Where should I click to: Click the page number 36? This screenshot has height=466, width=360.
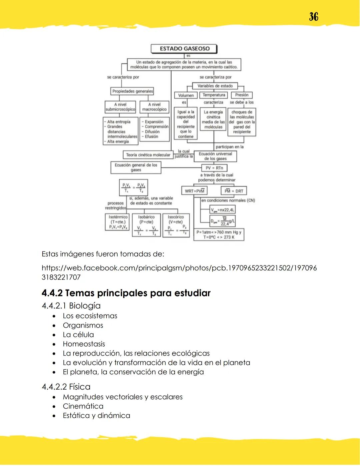313,17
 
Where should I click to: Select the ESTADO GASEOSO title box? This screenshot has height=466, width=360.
184,49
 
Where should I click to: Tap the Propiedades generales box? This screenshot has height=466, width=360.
132,91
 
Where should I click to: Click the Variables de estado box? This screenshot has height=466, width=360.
215,86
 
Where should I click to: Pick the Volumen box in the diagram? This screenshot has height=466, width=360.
186,95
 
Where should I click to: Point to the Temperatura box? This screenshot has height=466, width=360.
214,95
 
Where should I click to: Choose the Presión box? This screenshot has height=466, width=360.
242,95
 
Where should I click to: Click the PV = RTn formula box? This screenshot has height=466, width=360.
214,168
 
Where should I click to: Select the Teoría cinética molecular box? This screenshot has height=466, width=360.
148,155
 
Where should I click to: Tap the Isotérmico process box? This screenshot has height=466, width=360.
118,222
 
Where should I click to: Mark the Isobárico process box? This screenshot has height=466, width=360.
146,225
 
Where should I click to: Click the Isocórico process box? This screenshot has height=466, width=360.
176,225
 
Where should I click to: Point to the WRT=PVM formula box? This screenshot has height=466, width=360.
195,191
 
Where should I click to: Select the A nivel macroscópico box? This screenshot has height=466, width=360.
154,107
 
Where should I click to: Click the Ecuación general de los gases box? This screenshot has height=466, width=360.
136,167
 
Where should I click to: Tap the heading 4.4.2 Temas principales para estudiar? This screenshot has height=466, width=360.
126,293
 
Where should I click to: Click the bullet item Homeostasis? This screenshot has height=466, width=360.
84,344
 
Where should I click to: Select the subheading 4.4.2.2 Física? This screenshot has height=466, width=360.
66,387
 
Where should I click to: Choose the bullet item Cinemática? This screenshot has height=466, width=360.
83,406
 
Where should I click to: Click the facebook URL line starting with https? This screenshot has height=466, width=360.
179,268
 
